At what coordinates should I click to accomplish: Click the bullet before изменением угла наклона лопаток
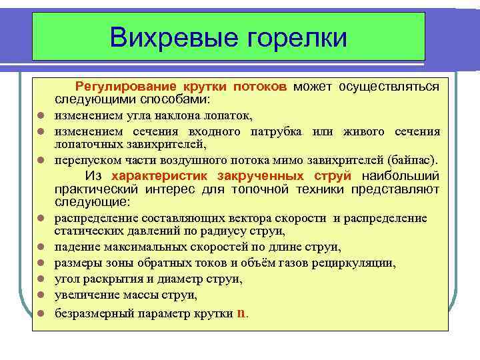click(41, 116)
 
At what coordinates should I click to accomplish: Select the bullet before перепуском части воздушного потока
click(41, 161)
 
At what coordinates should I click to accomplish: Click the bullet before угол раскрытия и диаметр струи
click(41, 279)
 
